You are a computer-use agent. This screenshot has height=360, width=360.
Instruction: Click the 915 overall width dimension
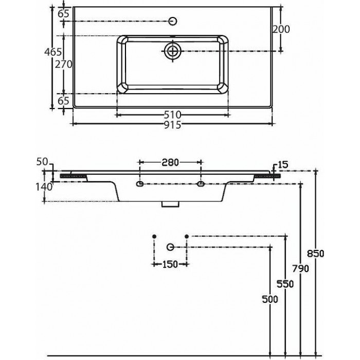pos(173,125)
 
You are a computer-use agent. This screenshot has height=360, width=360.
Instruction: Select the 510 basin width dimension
pos(173,114)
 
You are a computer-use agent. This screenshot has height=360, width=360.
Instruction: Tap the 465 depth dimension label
pos(53,52)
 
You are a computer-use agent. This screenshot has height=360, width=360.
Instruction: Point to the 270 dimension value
pos(64,64)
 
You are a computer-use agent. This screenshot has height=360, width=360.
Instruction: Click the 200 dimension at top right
pos(281,29)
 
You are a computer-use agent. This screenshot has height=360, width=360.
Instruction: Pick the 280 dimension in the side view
pos(170,163)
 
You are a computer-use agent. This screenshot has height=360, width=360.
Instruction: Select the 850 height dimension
pos(316,254)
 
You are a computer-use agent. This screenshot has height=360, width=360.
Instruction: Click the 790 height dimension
pos(300,268)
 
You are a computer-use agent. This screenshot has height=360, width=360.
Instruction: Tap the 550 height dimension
pos(285,284)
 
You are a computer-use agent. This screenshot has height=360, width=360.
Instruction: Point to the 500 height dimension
pos(270,299)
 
